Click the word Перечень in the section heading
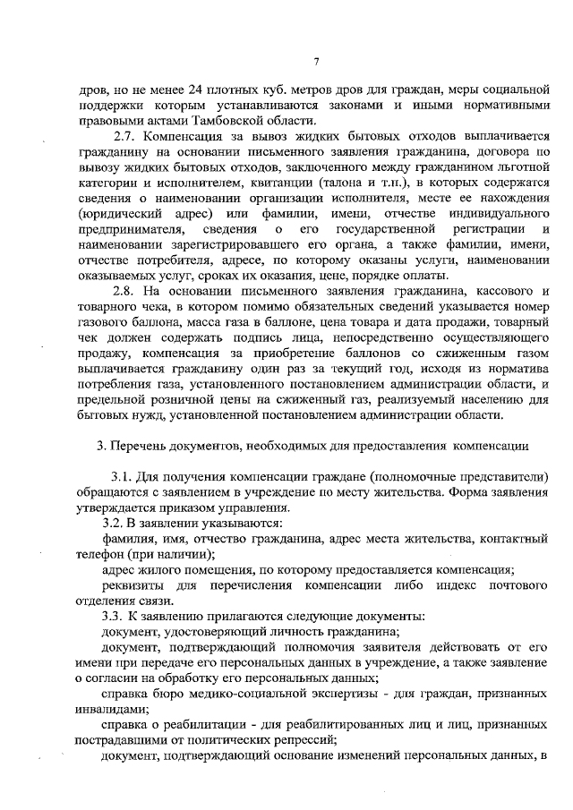tap(145, 444)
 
